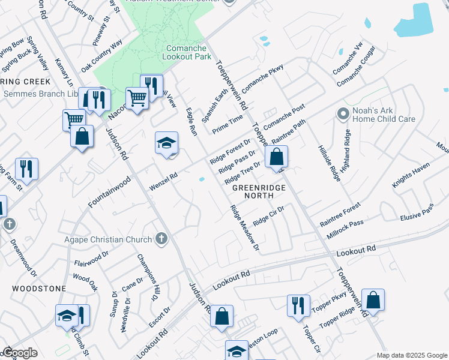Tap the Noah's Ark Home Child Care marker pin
coord(343,113)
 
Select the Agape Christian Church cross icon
coord(160,239)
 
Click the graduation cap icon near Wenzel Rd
coord(167,144)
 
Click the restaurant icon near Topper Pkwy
coord(298,306)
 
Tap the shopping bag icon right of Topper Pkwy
coord(373,301)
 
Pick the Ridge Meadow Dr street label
coord(244,228)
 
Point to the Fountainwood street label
coord(109,192)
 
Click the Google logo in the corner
coord(20,353)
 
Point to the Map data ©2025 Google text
coord(412,355)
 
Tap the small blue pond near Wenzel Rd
coord(202,179)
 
